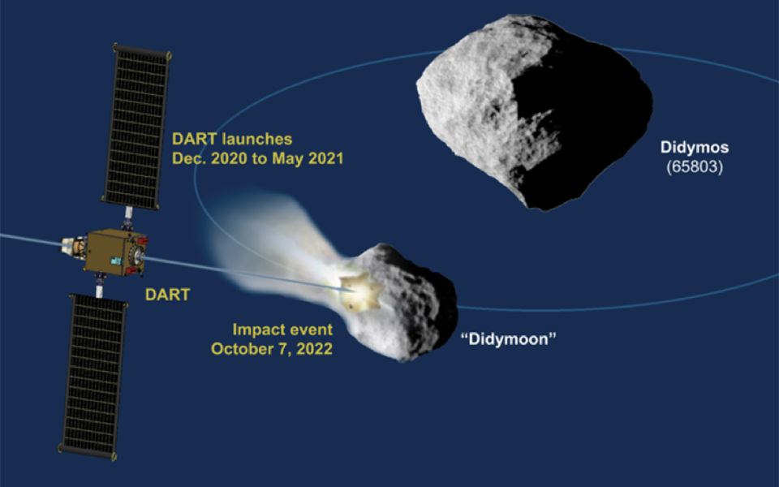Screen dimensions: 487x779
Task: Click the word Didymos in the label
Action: pos(693,149)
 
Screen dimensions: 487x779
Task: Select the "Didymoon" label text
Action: pos(508,338)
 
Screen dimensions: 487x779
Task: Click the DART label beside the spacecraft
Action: pos(167,295)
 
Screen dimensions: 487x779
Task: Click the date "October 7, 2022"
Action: pos(272,349)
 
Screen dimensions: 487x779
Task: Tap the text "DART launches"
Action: pos(231,140)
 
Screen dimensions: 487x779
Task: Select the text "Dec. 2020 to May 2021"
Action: pos(257,159)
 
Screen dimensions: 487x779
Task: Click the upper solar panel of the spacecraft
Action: pos(136,126)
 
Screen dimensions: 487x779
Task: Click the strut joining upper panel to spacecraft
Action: pos(127,217)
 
